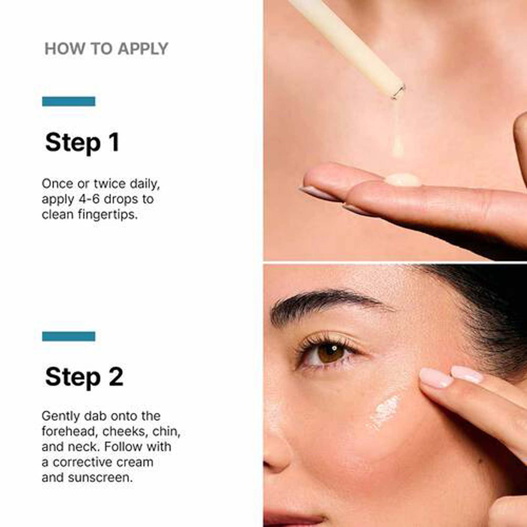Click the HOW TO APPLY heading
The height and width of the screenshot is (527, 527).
106,49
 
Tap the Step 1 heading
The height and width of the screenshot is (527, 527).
82,143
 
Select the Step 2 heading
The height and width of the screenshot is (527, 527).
84,377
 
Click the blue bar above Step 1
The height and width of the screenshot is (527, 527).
69,101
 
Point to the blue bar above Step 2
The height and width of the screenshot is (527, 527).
69,336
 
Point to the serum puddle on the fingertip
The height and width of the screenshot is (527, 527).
403,180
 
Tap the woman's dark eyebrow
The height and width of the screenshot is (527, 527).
327,302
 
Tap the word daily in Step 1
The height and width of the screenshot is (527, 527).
138,184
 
